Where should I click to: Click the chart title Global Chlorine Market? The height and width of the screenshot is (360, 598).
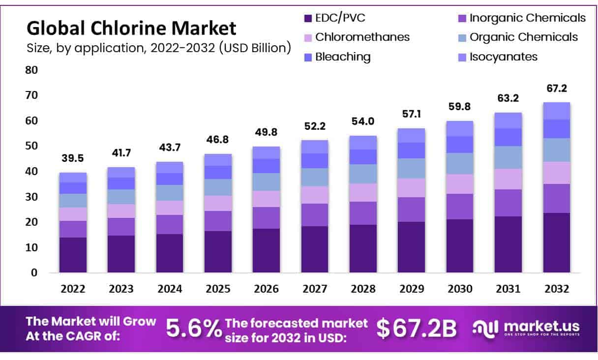click(x=131, y=29)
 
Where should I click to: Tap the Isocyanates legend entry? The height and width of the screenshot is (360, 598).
click(x=503, y=57)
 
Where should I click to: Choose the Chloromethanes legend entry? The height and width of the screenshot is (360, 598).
click(x=362, y=37)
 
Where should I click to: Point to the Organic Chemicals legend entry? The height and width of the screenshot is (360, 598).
click(x=523, y=37)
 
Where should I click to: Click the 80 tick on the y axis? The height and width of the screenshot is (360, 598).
click(x=32, y=70)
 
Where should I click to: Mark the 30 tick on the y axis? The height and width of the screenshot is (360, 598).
click(x=32, y=197)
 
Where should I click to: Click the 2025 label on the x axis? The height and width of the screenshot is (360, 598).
click(x=218, y=289)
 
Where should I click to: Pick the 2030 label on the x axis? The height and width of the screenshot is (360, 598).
click(x=460, y=289)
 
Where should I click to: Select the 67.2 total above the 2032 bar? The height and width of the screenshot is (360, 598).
click(x=556, y=89)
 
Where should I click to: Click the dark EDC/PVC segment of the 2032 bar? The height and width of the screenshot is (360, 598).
click(x=556, y=242)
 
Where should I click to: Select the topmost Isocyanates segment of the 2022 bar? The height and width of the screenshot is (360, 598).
click(x=73, y=177)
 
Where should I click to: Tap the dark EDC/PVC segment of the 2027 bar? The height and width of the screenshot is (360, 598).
click(x=315, y=249)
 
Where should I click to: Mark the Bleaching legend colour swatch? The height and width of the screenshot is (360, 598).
click(x=308, y=57)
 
